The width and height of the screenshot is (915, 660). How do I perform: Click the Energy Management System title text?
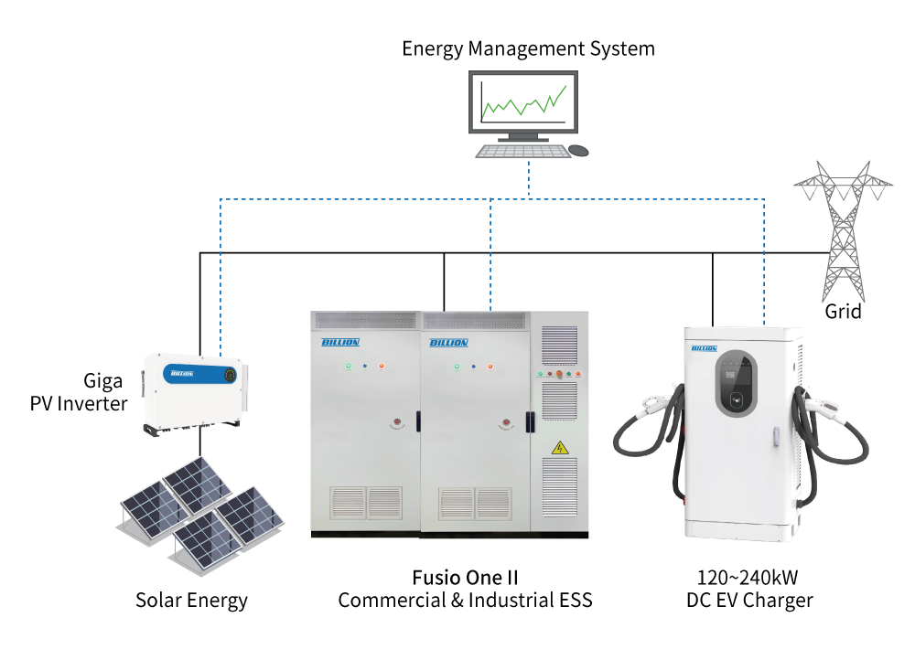tap(528, 49)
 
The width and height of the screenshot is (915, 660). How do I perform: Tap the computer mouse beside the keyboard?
tap(578, 151)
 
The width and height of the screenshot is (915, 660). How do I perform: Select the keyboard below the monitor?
tap(522, 152)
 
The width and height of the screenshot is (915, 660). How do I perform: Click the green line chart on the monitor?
tap(523, 103)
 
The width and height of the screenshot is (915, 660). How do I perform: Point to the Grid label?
tap(843, 312)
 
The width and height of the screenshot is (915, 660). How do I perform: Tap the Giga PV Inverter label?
tap(79, 392)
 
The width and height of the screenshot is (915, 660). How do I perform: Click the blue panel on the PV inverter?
tap(199, 374)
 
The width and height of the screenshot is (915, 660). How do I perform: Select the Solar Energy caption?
tap(191, 601)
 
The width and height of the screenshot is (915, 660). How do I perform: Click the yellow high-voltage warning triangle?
tap(560, 448)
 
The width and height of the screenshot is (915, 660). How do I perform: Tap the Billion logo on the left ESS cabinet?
tap(340, 342)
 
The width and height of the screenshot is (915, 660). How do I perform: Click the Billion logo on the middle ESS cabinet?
tap(448, 342)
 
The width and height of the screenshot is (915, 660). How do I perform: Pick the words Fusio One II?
tap(465, 578)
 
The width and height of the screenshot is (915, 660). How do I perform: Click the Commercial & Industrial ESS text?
tap(465, 600)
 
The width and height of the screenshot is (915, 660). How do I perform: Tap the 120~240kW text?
tap(748, 578)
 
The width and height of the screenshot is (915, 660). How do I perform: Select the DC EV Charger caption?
tap(749, 601)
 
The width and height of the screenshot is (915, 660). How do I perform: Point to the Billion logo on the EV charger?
tap(705, 348)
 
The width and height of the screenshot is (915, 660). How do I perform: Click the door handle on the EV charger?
tap(776, 436)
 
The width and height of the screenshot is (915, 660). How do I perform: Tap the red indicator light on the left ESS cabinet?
tap(381, 367)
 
